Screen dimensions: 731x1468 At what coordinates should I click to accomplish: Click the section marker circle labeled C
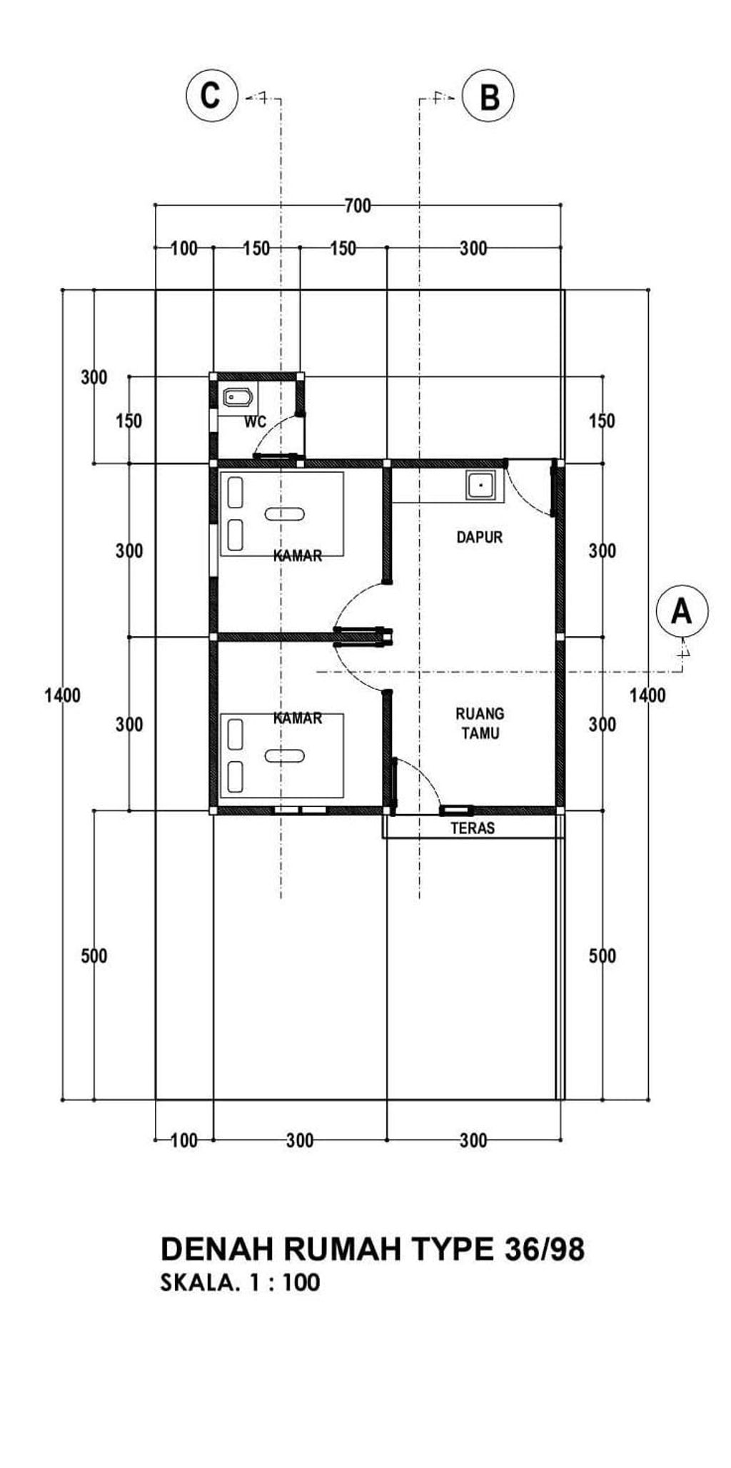point(211,95)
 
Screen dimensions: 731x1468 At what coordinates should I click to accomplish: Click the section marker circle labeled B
point(488,96)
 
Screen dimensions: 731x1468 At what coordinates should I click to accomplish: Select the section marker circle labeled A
point(682,611)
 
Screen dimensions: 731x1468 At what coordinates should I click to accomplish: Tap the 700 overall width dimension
point(358,206)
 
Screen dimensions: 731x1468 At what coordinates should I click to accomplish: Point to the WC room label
point(256,422)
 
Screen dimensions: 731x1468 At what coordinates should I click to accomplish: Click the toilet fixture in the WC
point(238,397)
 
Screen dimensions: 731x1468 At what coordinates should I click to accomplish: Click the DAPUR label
point(480,537)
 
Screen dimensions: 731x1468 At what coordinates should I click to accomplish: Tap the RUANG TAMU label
point(480,723)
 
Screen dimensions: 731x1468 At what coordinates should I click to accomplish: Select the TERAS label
point(473,828)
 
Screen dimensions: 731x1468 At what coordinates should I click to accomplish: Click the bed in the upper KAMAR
point(281,513)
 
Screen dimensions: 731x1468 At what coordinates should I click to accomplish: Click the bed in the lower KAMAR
point(281,755)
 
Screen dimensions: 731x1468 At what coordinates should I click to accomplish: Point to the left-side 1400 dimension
point(62,695)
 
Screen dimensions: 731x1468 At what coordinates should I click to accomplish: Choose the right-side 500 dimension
point(602,956)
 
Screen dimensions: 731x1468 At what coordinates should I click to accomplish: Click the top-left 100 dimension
point(184,248)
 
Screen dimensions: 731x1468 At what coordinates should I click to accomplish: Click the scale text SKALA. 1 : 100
point(240,1283)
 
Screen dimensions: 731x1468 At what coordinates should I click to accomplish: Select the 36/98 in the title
point(545,1250)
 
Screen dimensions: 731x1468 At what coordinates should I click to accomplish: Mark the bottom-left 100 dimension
point(184,1140)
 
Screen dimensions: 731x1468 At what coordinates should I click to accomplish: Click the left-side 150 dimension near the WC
point(129,421)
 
